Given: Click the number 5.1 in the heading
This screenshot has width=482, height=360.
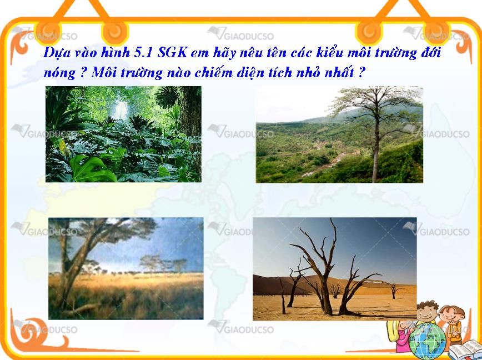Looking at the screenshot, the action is [144, 53].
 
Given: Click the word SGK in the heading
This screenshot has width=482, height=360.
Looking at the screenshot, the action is [172, 53].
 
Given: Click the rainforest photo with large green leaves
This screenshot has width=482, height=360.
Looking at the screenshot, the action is [123, 134].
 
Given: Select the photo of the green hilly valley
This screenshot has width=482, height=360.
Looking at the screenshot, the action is [339, 134].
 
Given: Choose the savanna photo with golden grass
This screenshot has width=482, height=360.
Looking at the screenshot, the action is [125, 268].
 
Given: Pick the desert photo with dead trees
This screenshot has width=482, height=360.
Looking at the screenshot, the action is [335, 269].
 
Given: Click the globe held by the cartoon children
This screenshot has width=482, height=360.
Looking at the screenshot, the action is [428, 341].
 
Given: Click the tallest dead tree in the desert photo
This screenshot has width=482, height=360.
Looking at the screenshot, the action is [323, 271].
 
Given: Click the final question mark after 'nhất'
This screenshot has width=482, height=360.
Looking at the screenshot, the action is [362, 72].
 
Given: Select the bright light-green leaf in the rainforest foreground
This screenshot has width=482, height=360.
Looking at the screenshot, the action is [92, 168].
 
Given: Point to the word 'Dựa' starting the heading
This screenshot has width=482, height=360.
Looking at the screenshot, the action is [55, 53].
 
